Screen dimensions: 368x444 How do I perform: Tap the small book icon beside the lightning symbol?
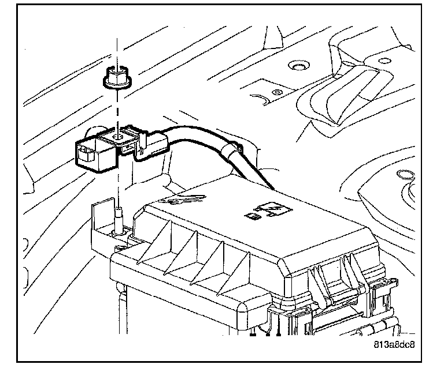tap(252, 217)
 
